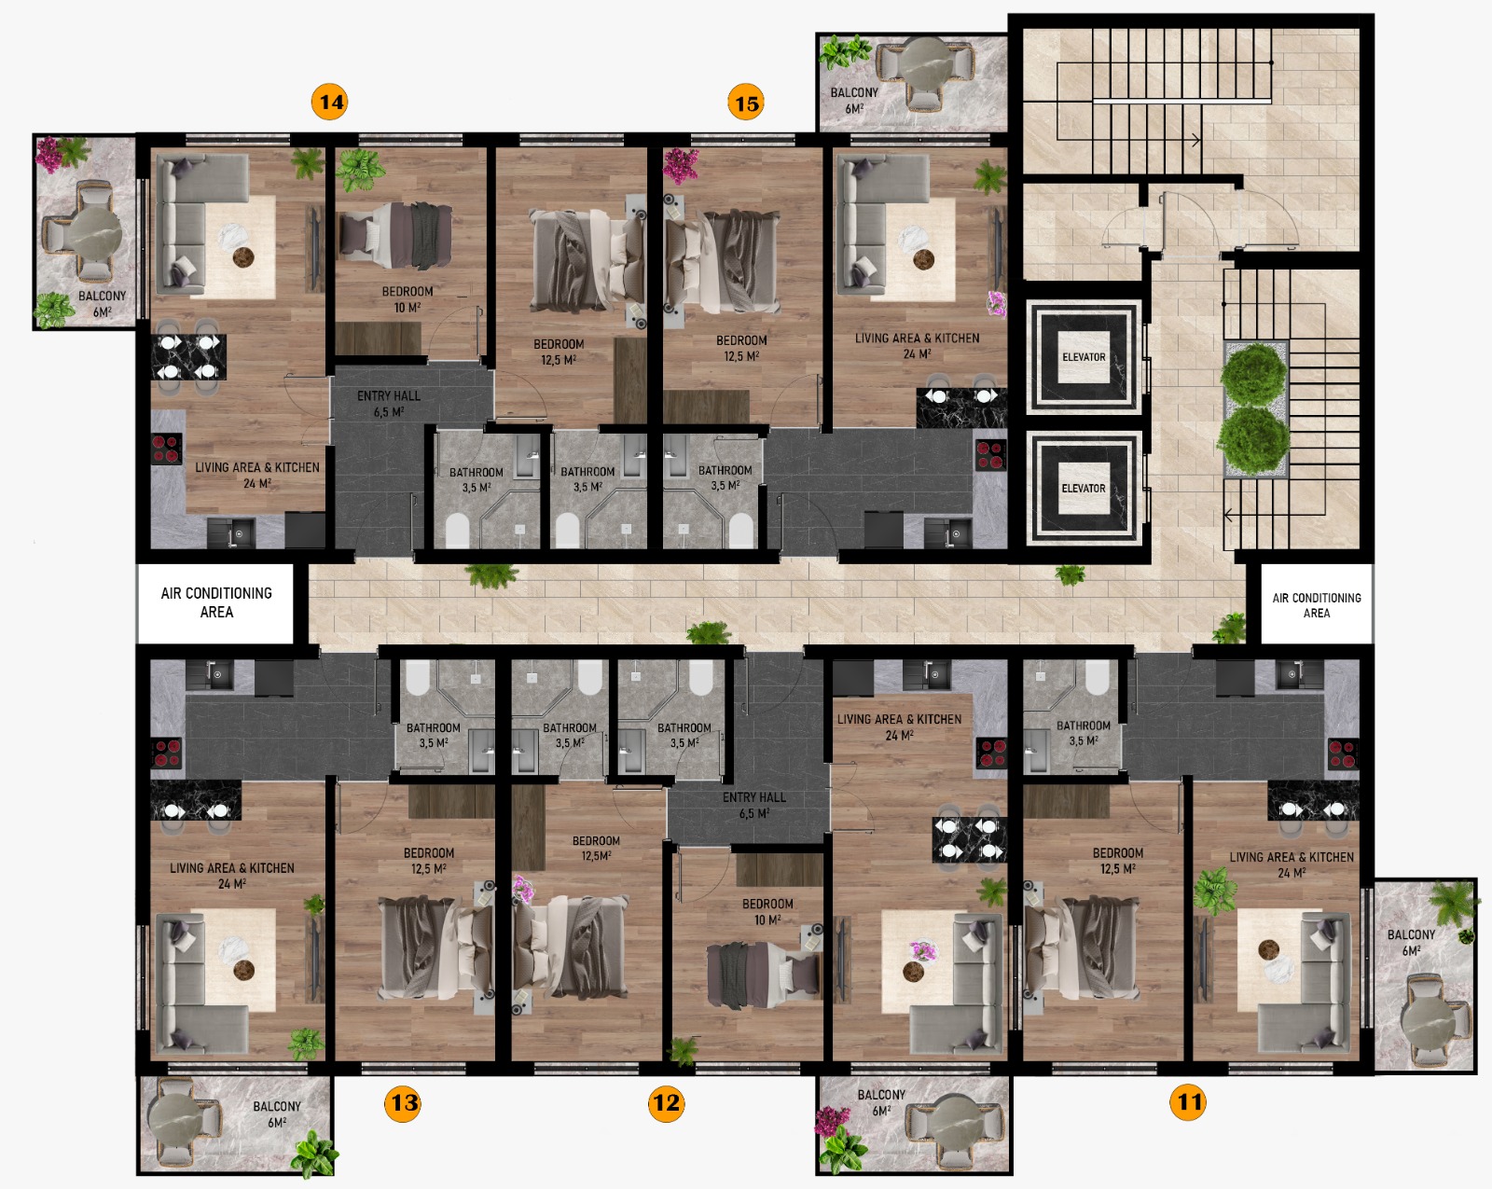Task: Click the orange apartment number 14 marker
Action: coord(329,102)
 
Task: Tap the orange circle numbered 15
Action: coord(746,103)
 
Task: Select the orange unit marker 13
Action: coord(403,1102)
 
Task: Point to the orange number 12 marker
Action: coord(666,1102)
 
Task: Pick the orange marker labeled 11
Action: coord(1188,1101)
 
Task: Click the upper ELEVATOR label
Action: coord(1084,357)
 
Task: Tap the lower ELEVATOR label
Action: coord(1084,488)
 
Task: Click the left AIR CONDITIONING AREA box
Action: coord(215,602)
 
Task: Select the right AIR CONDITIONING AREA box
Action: coord(1316,604)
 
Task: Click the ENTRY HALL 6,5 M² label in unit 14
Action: coord(388,404)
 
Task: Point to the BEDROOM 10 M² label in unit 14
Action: coord(407,298)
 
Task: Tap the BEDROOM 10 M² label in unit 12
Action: coord(767,912)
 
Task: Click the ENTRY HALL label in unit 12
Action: coord(753,797)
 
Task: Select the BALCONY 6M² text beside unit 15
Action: coord(854,100)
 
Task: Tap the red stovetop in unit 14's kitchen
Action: coord(167,449)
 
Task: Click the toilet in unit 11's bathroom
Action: coord(1097,676)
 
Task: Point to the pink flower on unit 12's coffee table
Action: coord(923,950)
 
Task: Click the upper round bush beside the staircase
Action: coord(1252,374)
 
